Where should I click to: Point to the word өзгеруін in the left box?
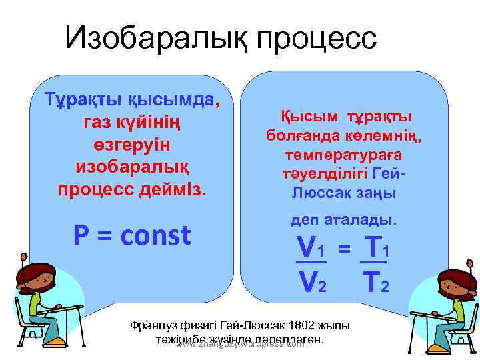[x=132, y=145]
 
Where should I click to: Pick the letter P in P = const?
[x=80, y=235]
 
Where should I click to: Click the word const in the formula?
[x=155, y=235]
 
